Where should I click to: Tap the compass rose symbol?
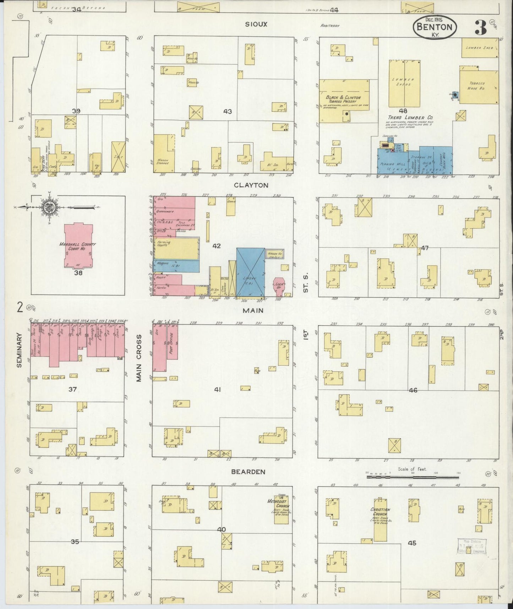tap(48, 207)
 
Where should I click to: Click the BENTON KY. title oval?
tap(434, 27)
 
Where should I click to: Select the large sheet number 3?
tap(481, 28)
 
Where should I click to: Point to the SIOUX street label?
tap(256, 24)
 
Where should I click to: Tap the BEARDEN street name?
tap(248, 472)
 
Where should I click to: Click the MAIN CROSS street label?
tap(139, 358)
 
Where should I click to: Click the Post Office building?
tap(172, 341)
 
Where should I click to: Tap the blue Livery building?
tap(251, 272)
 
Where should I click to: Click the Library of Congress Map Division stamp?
tap(471, 546)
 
